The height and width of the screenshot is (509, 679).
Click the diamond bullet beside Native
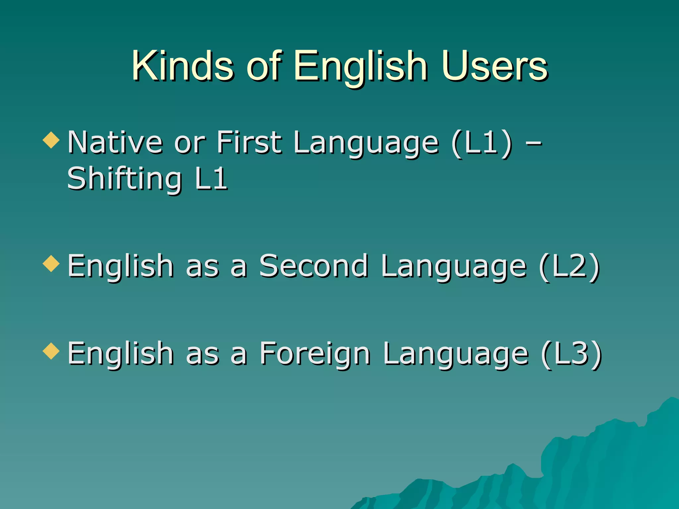(x=51, y=140)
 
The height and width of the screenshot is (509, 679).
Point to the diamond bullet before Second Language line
(x=51, y=264)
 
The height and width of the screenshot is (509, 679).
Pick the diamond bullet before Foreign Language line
(x=51, y=351)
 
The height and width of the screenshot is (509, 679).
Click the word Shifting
(x=124, y=179)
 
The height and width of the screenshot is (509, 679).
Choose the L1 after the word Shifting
(x=211, y=179)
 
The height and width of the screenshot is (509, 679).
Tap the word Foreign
(x=315, y=354)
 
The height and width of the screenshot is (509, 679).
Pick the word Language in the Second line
(x=454, y=267)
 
